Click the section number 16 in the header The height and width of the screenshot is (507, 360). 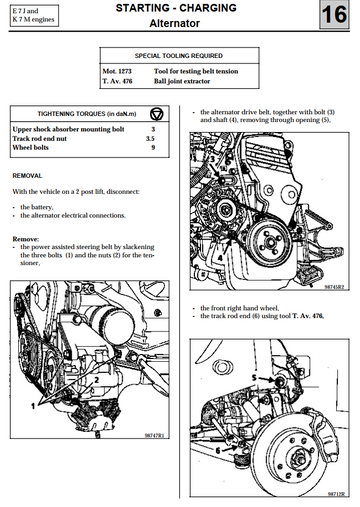[333, 17]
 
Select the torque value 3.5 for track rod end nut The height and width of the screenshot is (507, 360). [153, 139]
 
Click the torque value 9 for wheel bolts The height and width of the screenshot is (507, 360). [153, 148]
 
